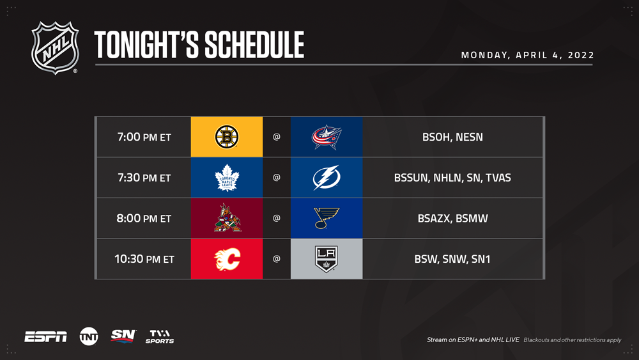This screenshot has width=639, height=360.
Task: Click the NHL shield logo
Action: click(55, 48)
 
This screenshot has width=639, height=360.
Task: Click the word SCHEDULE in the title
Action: click(254, 45)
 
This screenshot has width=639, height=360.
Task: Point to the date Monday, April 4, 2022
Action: click(527, 55)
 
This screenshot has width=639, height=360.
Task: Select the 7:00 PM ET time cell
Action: click(144, 137)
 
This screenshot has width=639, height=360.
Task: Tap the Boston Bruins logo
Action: click(227, 137)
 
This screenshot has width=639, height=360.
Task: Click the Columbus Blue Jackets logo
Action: click(327, 137)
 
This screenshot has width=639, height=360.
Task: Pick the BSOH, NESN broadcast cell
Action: click(452, 137)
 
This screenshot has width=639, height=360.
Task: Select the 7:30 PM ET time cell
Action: click(144, 178)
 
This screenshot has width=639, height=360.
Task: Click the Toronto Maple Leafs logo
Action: click(227, 178)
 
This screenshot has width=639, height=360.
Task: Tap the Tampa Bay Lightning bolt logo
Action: click(327, 178)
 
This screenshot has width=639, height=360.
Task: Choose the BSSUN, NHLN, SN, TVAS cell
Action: click(452, 178)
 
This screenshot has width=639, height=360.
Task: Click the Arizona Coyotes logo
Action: click(227, 218)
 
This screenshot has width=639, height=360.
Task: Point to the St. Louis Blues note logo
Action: click(326, 218)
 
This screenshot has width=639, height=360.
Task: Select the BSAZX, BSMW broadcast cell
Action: click(452, 218)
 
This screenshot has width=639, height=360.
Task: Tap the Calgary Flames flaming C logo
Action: click(227, 259)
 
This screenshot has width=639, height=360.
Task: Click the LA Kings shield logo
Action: click(327, 259)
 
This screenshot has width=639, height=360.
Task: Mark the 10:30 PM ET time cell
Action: click(144, 259)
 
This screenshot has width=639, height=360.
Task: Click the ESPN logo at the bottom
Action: click(45, 337)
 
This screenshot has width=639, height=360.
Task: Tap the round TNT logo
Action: click(89, 337)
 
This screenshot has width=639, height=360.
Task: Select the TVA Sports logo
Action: click(160, 337)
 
